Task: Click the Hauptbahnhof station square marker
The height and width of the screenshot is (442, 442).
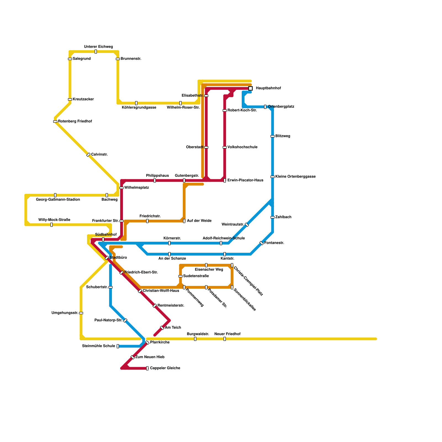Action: (250, 88)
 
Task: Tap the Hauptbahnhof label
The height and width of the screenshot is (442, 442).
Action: (268, 88)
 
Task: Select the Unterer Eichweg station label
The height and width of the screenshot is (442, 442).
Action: (99, 47)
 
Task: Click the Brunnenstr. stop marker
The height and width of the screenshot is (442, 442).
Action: (118, 59)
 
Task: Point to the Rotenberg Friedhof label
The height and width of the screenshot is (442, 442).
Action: (75, 122)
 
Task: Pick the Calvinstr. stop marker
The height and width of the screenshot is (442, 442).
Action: (88, 155)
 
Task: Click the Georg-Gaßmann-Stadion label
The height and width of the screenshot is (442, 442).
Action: (58, 200)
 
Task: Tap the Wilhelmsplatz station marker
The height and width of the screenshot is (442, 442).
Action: (122, 188)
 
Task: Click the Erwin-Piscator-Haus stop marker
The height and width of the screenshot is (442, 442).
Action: (225, 180)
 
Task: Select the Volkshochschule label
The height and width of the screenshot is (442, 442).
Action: (242, 147)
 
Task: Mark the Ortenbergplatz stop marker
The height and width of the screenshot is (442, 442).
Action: (265, 107)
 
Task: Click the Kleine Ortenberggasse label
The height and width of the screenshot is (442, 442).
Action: (295, 177)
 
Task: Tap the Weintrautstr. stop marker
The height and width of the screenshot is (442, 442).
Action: (247, 225)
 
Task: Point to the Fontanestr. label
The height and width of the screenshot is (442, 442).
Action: (274, 243)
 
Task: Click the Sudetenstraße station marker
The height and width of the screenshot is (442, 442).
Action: (180, 276)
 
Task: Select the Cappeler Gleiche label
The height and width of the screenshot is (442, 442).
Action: (165, 368)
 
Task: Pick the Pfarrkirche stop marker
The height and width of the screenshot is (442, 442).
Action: (147, 343)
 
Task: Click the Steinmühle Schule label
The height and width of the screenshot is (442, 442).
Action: (99, 346)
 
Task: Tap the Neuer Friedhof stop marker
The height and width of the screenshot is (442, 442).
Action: (225, 339)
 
